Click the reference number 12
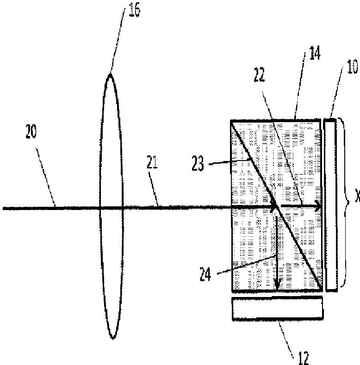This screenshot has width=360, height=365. (x=301, y=357)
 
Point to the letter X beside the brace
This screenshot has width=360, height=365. (x=357, y=198)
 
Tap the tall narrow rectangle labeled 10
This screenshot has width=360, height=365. (x=331, y=205)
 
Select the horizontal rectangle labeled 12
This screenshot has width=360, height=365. (x=277, y=308)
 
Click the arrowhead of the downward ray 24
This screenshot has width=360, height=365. (x=277, y=288)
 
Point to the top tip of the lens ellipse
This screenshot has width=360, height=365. (x=110, y=74)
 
